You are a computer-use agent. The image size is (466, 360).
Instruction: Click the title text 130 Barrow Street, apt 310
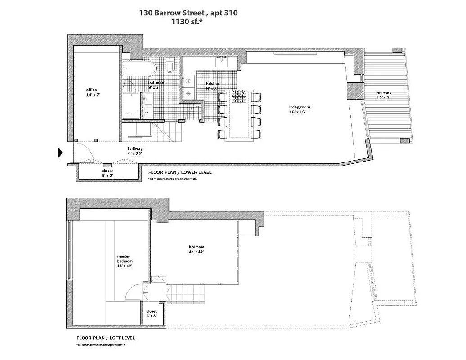(x=188, y=13)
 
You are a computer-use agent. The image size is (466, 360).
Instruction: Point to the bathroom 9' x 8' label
(x=157, y=85)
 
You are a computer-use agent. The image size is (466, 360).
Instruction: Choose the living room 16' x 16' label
(x=300, y=109)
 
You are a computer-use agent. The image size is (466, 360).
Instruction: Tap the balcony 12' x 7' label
(x=384, y=95)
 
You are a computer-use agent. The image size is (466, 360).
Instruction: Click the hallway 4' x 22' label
(x=135, y=151)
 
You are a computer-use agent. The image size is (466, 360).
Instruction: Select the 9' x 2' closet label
(x=107, y=173)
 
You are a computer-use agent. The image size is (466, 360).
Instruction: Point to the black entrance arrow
(x=59, y=153)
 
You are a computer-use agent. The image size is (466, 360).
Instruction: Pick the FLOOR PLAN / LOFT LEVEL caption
(x=106, y=337)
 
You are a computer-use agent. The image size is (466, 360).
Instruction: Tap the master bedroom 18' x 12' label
(x=125, y=261)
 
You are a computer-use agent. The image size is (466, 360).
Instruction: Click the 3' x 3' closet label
(x=152, y=314)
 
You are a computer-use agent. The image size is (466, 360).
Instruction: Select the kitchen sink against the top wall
(x=223, y=61)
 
